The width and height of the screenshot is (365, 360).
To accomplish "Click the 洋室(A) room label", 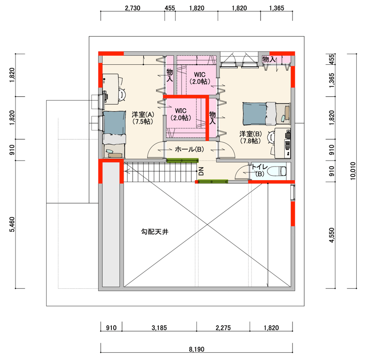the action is pyautogui.click(x=143, y=118).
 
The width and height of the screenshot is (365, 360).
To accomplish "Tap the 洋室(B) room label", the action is pyautogui.click(x=250, y=137).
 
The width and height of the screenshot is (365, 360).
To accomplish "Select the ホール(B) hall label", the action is pyautogui.click(x=189, y=149).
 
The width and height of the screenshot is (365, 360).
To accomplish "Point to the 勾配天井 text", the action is pyautogui.click(x=155, y=232).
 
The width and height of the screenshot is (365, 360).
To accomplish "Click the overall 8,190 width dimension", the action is pyautogui.click(x=197, y=350).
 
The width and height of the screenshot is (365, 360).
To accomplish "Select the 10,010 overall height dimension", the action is pyautogui.click(x=353, y=171).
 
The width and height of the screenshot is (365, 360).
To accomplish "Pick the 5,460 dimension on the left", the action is pyautogui.click(x=12, y=224).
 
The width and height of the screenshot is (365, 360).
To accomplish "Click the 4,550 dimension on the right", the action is pyautogui.click(x=332, y=235).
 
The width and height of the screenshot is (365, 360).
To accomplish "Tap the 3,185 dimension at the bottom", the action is pyautogui.click(x=159, y=328).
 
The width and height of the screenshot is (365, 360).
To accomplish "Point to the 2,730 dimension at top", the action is pyautogui.click(x=132, y=8).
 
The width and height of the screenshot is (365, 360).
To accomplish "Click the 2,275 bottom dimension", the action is pyautogui.click(x=223, y=328).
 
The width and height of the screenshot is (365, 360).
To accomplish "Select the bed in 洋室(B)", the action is pyautogui.click(x=266, y=114).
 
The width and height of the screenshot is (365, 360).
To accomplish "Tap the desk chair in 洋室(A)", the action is pyautogui.click(x=122, y=94).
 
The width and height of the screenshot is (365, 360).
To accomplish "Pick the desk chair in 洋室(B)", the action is pyautogui.click(x=271, y=137).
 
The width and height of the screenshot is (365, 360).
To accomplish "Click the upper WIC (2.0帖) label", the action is pyautogui.click(x=200, y=78).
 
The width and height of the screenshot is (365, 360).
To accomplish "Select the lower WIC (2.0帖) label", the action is pyautogui.click(x=181, y=114).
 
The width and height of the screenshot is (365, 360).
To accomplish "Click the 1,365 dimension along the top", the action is pyautogui.click(x=276, y=8).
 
